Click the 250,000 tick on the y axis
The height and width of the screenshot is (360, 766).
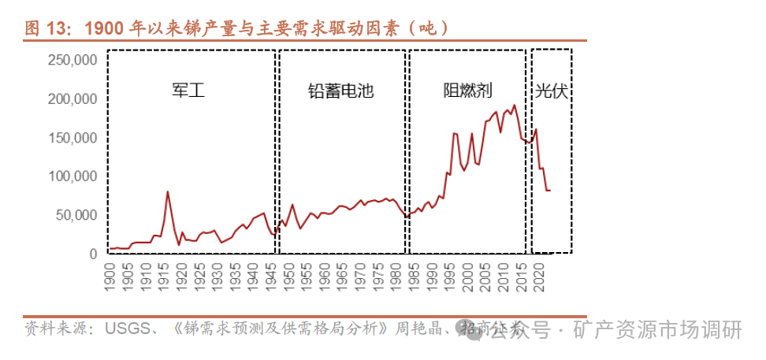click(73, 60)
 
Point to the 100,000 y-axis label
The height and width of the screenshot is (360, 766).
click(73, 176)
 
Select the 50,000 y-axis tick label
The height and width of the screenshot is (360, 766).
click(76, 215)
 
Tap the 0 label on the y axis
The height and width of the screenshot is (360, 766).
click(92, 254)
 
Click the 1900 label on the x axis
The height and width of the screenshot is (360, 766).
click(110, 273)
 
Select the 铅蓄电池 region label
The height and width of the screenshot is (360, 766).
click(340, 91)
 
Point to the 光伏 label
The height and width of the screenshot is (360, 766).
click(552, 91)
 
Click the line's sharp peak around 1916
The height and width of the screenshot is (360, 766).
click(168, 191)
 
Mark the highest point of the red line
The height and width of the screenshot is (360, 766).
click(515, 105)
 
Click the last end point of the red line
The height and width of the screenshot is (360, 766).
click(549, 191)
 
